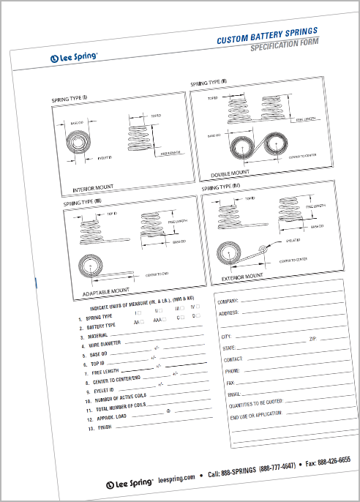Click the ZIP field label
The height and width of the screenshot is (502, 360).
[x=312, y=340]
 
